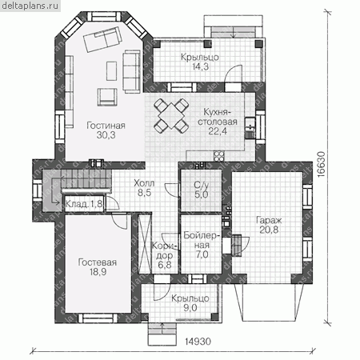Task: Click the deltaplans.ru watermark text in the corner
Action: click(x=30, y=6)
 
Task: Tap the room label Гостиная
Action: click(x=106, y=126)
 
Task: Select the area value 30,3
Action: click(x=106, y=135)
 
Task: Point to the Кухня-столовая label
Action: click(x=218, y=117)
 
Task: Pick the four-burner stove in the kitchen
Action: click(x=219, y=156)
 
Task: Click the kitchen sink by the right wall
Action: click(x=250, y=128)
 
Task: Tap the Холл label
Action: click(x=144, y=183)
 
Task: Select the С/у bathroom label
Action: click(x=202, y=185)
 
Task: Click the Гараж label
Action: click(x=269, y=220)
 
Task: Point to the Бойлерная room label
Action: click(x=202, y=240)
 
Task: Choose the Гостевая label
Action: click(x=98, y=262)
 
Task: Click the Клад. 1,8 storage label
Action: click(x=84, y=204)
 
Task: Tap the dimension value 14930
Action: click(x=198, y=342)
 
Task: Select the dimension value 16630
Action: click(x=322, y=164)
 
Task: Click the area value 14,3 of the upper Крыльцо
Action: click(x=201, y=66)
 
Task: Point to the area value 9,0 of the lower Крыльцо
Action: click(x=190, y=308)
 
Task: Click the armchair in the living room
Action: click(x=107, y=97)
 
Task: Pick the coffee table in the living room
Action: click(x=111, y=71)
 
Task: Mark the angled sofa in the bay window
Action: click(x=103, y=39)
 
